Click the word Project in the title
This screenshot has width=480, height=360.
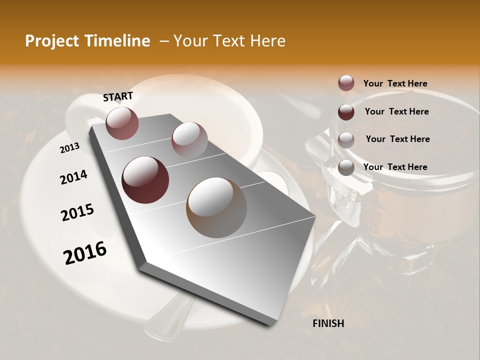[52, 41]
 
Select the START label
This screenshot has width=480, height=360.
[118, 96]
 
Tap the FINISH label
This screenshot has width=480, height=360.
[328, 323]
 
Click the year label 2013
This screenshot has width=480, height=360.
[69, 148]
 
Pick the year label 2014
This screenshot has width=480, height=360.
[73, 177]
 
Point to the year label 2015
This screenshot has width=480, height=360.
[77, 212]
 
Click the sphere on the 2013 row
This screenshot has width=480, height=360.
[122, 123]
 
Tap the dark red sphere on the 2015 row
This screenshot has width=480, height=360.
[145, 180]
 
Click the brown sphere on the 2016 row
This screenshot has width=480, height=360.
[216, 207]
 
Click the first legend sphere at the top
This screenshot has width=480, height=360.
[346, 83]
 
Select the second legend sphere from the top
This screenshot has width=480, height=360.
[346, 111]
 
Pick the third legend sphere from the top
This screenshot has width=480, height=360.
[346, 139]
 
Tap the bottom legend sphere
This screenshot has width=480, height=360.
[346, 167]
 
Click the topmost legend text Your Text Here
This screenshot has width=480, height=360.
[395, 83]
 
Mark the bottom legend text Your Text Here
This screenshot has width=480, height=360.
[395, 167]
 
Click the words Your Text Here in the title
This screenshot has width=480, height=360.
[229, 41]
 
